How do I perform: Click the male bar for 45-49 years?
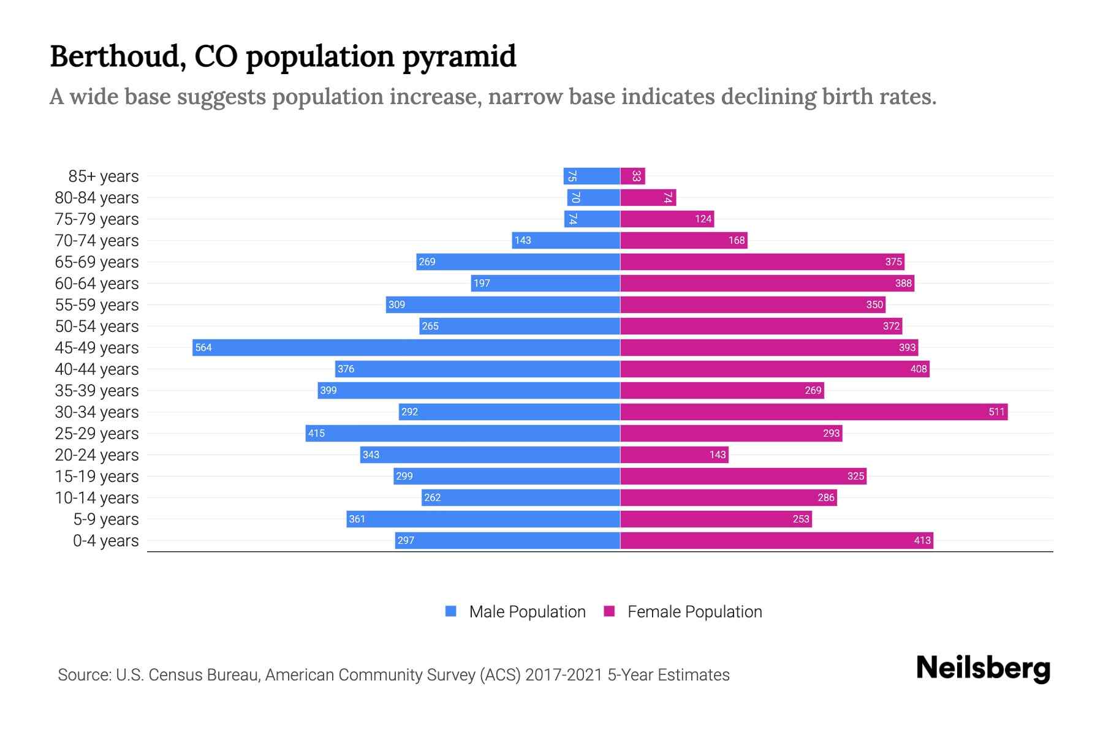pos(406,347)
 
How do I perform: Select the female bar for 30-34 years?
pos(814,412)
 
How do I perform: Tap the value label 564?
pos(203,348)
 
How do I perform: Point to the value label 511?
pos(996,412)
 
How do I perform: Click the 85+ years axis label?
pos(104,176)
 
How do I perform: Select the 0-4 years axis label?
pos(106,541)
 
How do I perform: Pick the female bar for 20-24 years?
pos(674,454)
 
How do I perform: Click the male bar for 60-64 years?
pos(545,283)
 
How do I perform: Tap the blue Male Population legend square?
pos(451,611)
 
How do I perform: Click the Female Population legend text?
pos(694,612)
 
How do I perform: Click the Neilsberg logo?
pos(983,668)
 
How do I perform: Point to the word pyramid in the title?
pos(459,56)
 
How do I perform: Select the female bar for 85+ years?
pos(632,176)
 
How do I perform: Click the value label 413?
pos(922,540)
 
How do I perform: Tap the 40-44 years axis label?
pos(97,369)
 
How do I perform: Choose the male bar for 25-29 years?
pos(463,433)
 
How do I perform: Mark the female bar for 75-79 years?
pos(667,219)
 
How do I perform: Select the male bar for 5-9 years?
pos(483,519)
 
